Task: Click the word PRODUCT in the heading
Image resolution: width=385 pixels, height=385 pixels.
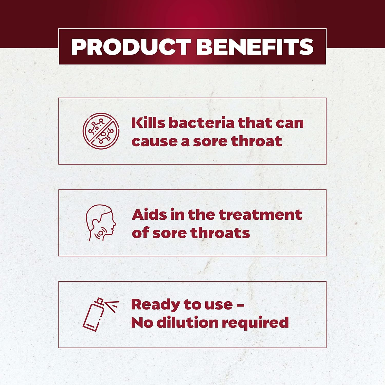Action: [x=131, y=47]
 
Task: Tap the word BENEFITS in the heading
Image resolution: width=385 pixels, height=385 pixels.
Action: [x=255, y=47]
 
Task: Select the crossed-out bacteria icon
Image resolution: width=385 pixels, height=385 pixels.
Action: [x=101, y=131]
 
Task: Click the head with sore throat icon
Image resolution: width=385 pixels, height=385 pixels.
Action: [x=101, y=223]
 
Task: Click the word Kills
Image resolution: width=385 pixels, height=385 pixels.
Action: [x=148, y=123]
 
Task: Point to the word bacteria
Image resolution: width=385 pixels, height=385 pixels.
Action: [x=201, y=123]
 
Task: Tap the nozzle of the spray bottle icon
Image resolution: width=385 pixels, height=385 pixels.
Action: [x=100, y=301]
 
